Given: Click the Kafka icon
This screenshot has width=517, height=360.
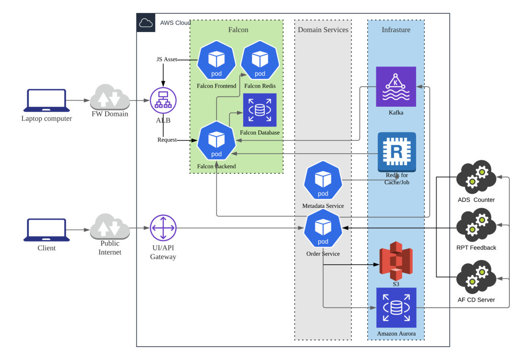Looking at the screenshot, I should coord(396,87).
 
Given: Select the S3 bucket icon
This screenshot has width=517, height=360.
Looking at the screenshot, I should coord(396,261).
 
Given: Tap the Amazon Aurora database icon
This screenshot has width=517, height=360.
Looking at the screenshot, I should coord(396,307).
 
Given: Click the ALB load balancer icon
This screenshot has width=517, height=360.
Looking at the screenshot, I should coord(163,101).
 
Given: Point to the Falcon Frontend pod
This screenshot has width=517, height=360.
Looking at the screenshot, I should coord(216,61).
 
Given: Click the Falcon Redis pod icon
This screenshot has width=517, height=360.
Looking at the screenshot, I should coord(260,61).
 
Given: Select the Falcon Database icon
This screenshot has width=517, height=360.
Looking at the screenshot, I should coord(260,111).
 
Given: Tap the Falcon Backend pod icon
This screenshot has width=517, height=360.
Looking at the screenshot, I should coord(216,141).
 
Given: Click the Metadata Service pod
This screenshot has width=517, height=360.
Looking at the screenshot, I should coord(323,180).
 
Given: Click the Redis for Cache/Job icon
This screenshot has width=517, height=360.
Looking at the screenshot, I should coord(396,152).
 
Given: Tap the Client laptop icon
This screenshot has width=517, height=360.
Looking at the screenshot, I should coord(47,230).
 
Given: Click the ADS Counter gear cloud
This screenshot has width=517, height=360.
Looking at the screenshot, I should coord(476,177).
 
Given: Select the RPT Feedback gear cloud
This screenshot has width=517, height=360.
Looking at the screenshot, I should coord(476,225).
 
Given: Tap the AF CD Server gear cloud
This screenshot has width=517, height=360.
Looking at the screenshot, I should coord(476,278).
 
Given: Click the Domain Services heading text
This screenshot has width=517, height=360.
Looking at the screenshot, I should coord(323,30).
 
